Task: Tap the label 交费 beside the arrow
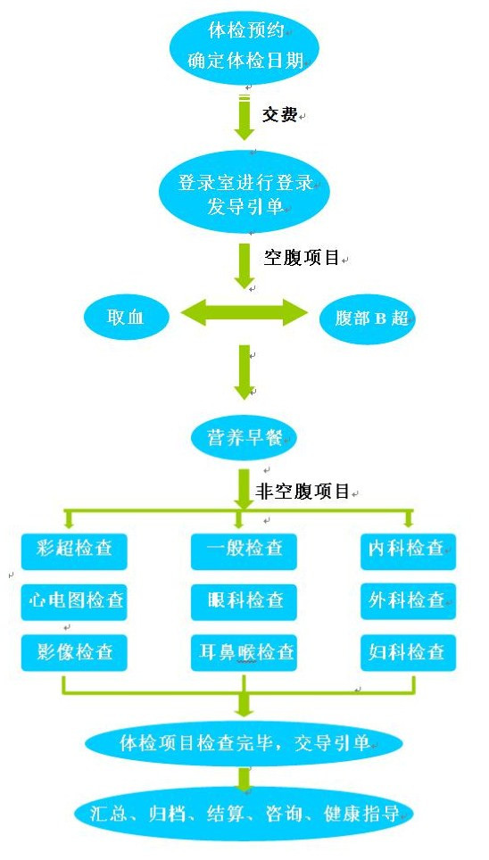(279, 114)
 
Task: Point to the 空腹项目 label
(302, 257)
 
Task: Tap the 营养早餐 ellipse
(244, 437)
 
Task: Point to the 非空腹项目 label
(303, 491)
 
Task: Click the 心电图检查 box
(74, 601)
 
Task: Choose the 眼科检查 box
(244, 601)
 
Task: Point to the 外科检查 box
(409, 601)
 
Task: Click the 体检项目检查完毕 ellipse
(244, 743)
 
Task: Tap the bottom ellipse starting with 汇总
(244, 814)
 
